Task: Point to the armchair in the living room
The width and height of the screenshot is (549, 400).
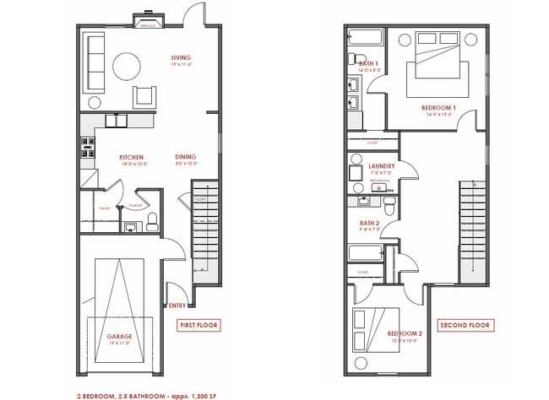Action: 145,95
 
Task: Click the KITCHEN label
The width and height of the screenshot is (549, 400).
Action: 131,157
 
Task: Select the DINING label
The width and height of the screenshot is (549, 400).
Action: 186,157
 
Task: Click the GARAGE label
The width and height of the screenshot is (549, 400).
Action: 119,336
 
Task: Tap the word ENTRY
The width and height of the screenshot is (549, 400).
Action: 177,305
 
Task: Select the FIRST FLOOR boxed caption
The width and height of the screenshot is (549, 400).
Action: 198,325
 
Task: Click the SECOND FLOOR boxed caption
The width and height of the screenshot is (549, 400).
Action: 465,325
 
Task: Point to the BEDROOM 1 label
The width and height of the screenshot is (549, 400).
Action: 438,108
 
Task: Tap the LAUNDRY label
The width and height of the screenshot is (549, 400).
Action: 383,166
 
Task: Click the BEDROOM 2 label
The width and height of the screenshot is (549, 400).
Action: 405,333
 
